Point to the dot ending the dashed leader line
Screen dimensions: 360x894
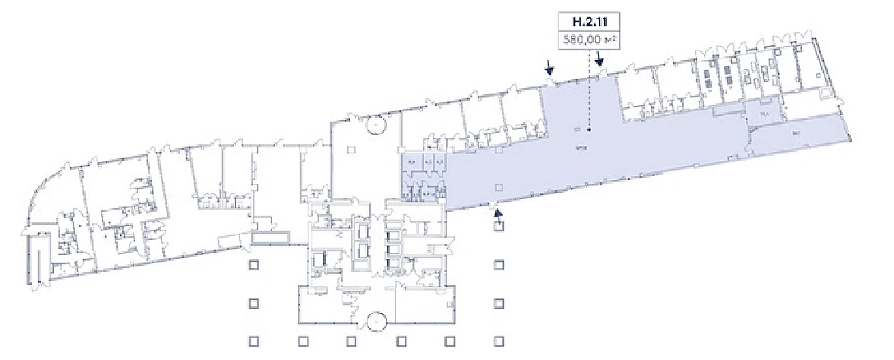coord(590,130)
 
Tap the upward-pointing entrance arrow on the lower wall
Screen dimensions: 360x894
coord(498,213)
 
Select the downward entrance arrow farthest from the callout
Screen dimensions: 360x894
coord(550,70)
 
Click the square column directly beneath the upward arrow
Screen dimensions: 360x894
coord(498,226)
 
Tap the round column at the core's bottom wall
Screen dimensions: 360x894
coord(375,322)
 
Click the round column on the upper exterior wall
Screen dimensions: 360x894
coord(375,126)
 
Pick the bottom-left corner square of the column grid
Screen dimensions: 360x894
coord(253,342)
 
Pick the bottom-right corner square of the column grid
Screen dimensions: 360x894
coord(498,342)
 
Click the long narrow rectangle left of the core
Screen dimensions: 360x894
coord(271,238)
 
